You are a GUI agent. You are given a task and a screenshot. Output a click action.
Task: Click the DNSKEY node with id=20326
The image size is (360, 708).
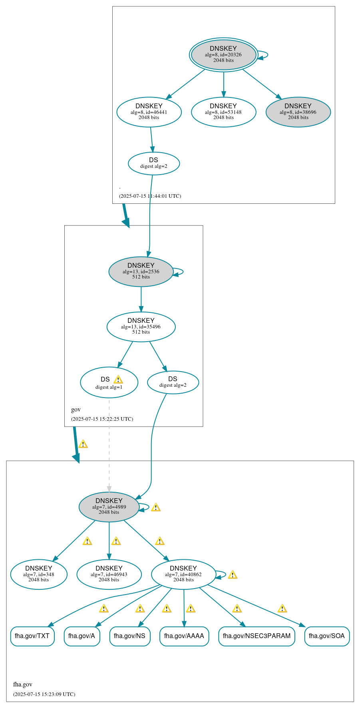point(223,54)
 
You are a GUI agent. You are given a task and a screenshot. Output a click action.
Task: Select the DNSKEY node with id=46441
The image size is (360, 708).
point(149,112)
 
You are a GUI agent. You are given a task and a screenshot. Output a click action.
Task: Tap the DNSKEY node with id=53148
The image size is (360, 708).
point(223,112)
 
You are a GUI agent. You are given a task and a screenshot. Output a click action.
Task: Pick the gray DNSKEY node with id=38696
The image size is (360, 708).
point(298,112)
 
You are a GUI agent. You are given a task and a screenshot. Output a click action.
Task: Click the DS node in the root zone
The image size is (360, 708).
point(154,163)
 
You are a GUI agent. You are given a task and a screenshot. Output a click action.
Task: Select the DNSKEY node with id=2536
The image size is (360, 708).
point(141,271)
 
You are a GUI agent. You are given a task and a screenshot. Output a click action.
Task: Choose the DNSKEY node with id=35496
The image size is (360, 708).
point(141,326)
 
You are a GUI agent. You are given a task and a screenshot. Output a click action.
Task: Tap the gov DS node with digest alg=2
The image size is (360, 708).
point(173,382)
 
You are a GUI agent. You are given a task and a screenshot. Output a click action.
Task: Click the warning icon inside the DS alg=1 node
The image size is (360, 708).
point(118,380)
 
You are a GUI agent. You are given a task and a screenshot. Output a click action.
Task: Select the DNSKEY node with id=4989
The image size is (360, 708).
point(109,507)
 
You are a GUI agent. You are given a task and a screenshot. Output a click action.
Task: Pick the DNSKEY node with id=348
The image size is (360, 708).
point(39,574)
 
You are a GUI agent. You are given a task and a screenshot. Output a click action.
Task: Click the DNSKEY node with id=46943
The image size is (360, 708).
point(109,574)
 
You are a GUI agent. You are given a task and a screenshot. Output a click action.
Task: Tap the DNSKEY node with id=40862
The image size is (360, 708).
point(183,574)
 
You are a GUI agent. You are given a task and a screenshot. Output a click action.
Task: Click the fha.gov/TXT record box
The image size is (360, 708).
point(32,636)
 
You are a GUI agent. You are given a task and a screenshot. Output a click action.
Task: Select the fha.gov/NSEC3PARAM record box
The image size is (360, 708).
point(257,636)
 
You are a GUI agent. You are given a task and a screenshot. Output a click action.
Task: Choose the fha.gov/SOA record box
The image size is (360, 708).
point(326,636)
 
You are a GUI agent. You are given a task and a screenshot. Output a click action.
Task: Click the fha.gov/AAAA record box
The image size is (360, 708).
point(184,636)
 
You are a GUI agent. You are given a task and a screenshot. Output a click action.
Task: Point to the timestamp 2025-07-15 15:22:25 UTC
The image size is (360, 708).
point(102,419)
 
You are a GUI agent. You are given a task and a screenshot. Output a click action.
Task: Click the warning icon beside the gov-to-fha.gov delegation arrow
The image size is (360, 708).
point(83,444)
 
